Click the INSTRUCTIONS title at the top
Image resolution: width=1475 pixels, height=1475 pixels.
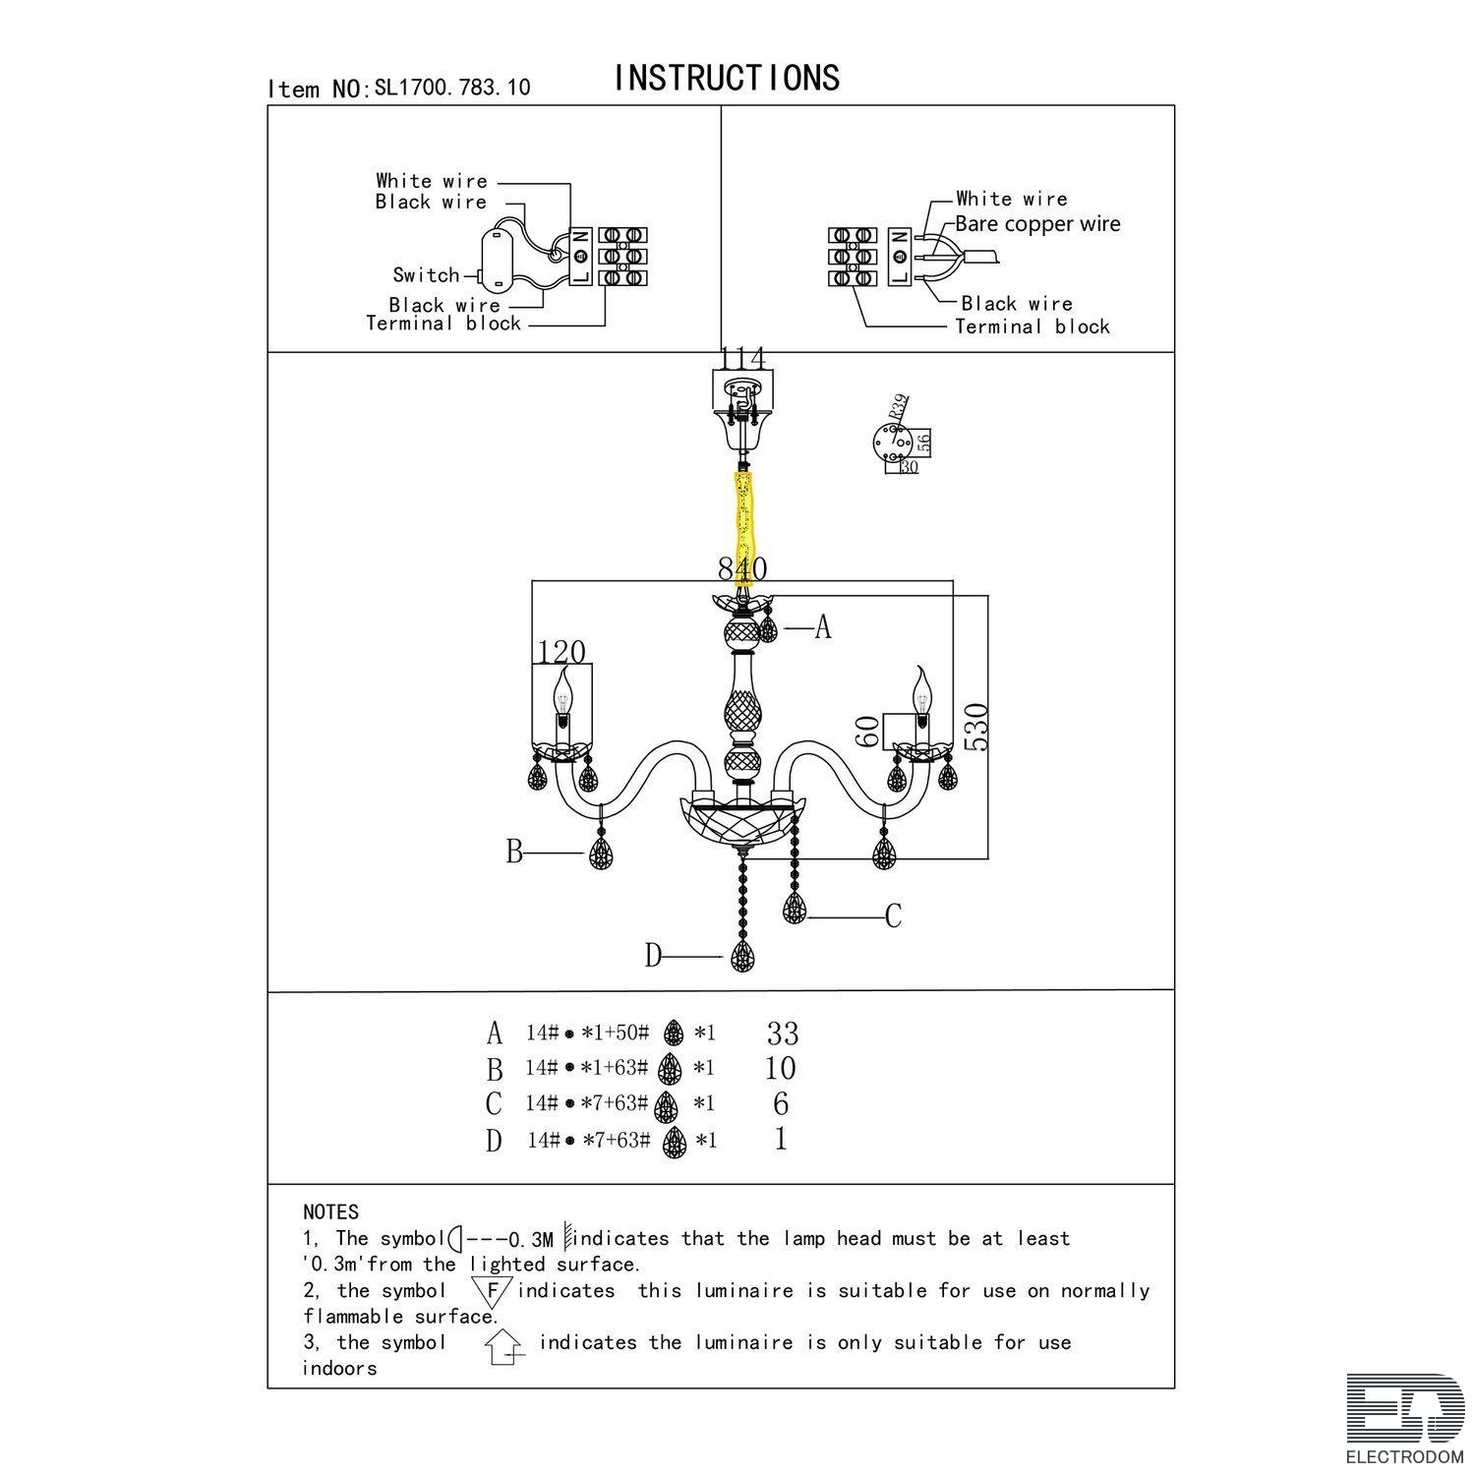tap(727, 78)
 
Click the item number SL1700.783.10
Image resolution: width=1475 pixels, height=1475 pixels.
tap(451, 88)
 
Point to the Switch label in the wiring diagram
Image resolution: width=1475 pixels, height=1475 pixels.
tap(426, 275)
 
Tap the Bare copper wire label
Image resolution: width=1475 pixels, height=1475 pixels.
tap(1037, 224)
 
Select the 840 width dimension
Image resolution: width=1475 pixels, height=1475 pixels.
tap(742, 568)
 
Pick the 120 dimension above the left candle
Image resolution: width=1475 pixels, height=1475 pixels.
tap(562, 652)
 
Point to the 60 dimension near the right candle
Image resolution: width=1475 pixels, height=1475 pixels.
tap(867, 731)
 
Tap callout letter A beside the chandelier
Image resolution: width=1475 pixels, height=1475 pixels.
tap(823, 627)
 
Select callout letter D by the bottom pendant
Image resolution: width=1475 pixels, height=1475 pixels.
tap(655, 955)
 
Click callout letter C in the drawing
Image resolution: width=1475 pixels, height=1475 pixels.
tap(893, 916)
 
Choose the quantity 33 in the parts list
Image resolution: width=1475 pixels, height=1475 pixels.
tap(783, 1033)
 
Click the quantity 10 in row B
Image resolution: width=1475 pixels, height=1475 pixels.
tap(780, 1068)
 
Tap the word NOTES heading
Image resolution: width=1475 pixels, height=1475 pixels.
tap(331, 1212)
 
